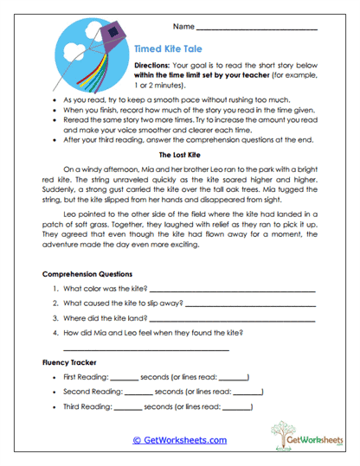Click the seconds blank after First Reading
coord(125,379)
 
